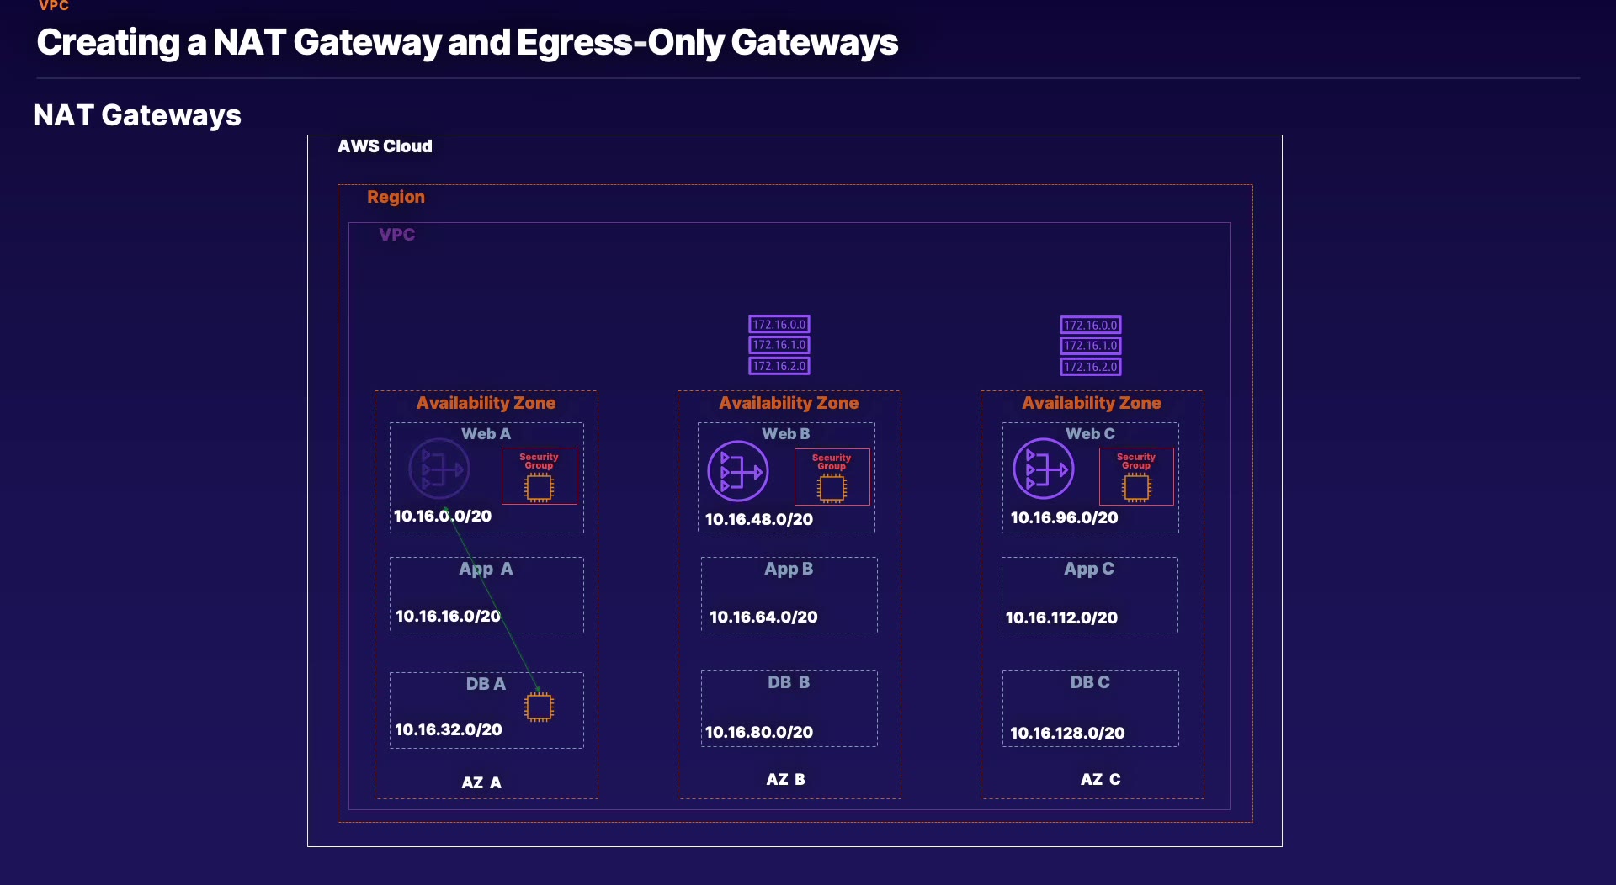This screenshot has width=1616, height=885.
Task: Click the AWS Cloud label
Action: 385,146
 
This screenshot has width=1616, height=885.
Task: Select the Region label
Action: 396,197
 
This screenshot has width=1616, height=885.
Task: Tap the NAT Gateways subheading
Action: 137,115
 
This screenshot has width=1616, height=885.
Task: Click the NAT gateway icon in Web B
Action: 738,471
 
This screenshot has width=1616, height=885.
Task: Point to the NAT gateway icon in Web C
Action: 1044,469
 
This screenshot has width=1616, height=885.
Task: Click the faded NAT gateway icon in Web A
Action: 439,469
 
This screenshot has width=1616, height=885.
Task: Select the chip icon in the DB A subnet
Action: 539,707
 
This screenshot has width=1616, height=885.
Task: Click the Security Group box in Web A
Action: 540,476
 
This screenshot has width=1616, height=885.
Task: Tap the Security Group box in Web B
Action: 832,477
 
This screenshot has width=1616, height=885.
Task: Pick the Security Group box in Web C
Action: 1136,476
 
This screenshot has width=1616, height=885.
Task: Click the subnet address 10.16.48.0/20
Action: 759,520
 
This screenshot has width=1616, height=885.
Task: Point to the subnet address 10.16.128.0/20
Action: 1067,734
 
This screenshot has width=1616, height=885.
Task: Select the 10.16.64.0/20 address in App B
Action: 763,617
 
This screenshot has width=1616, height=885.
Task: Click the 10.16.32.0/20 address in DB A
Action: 449,730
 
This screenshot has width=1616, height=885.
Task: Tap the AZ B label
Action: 785,780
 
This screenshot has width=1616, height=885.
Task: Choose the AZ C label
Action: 1100,780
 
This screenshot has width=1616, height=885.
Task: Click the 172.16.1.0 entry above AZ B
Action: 779,345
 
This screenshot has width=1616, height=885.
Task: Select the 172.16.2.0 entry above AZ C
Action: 1091,367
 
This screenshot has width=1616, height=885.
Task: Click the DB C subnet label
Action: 1090,682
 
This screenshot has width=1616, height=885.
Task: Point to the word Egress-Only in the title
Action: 619,43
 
